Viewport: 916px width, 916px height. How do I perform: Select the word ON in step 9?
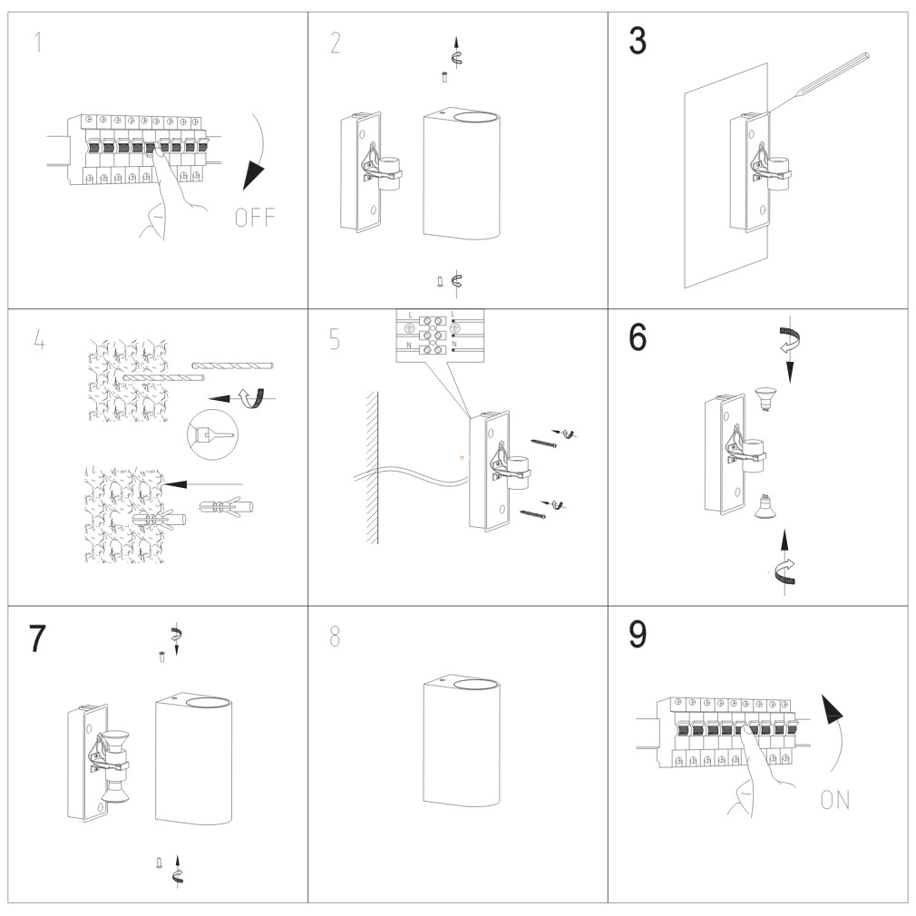(835, 800)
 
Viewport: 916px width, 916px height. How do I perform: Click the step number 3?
(638, 42)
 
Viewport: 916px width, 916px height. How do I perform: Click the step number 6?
(638, 338)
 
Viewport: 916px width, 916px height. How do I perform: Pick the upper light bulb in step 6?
(766, 397)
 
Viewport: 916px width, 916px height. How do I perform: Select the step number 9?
(638, 636)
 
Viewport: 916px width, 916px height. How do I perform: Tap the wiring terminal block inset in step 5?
(440, 335)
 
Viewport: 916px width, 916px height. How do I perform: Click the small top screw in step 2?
(443, 78)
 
